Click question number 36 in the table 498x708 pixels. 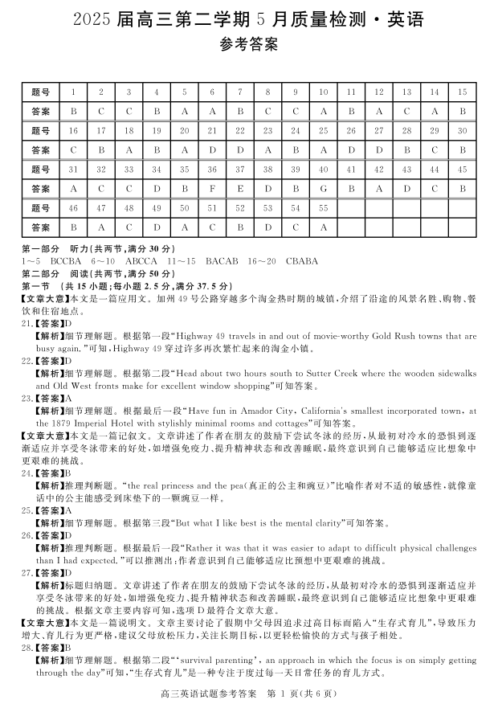tap(212, 170)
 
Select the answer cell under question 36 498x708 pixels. tap(212, 189)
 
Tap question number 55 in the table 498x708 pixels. tap(323, 208)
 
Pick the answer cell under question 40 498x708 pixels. tap(323, 189)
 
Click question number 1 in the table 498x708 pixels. tap(73, 92)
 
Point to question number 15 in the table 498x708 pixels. tap(462, 92)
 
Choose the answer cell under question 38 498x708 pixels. tap(267, 189)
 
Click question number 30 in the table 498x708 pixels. tap(462, 131)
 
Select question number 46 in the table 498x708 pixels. tap(73, 208)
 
